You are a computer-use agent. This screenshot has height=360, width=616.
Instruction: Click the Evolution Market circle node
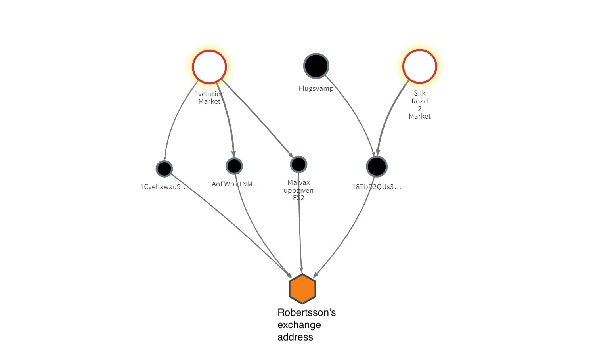209,67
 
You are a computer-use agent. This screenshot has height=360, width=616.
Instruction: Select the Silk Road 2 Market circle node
419,66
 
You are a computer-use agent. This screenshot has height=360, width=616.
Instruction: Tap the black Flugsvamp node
316,65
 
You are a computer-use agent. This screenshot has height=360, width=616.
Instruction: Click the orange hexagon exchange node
302,289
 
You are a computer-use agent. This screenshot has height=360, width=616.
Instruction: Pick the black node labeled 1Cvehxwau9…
164,169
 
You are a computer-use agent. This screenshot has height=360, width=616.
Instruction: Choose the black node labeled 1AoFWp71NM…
234,166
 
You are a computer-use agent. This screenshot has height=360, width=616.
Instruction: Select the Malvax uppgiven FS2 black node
298,164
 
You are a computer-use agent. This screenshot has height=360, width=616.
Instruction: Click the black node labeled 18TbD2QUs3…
376,167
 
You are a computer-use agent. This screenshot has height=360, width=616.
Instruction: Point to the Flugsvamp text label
316,88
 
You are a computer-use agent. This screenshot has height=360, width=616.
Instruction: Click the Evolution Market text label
209,98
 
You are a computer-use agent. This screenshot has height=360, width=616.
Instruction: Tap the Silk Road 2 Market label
419,105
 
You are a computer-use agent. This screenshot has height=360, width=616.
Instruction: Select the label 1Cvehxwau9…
164,187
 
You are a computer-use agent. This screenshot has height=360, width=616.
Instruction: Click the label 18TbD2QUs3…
376,187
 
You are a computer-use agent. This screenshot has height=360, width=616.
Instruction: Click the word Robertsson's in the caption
306,312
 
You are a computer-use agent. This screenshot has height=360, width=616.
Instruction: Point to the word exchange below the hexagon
299,325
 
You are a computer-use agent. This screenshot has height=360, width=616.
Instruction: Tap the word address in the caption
295,337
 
